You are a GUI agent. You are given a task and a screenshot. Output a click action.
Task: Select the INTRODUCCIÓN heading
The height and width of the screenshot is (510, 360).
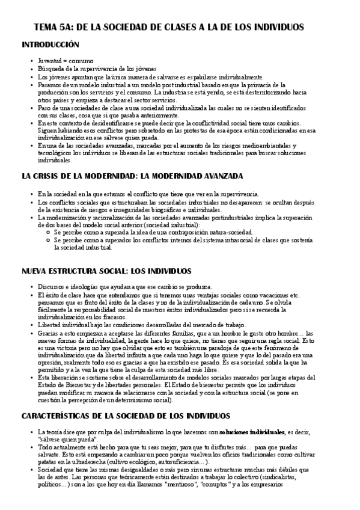tap(50, 45)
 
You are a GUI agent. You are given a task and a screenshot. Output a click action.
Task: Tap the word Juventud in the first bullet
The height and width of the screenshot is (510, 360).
tap(49, 61)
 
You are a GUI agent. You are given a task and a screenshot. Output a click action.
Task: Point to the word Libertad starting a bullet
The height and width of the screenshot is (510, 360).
tap(51, 325)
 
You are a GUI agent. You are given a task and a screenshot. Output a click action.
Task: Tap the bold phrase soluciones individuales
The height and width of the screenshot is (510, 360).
tap(252, 432)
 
